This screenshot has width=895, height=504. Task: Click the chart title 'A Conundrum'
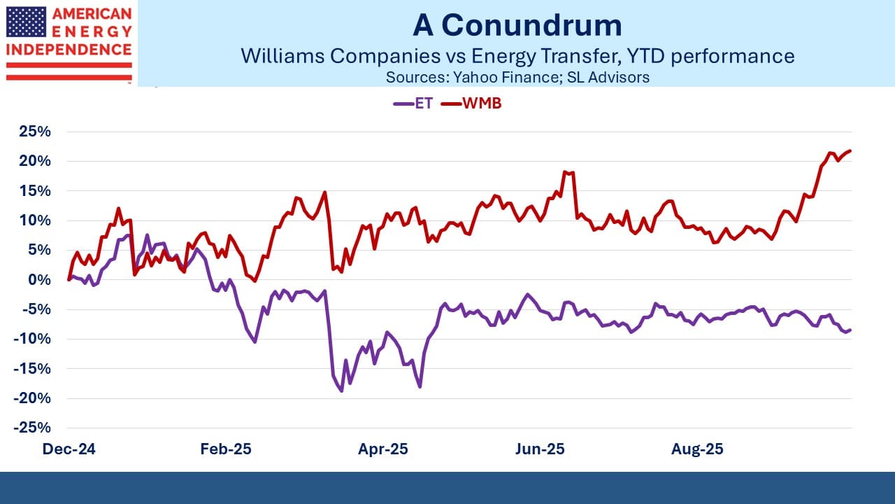pyautogui.click(x=517, y=25)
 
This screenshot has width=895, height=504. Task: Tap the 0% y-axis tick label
pyautogui.click(x=41, y=280)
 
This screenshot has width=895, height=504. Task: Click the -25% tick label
pyautogui.click(x=34, y=428)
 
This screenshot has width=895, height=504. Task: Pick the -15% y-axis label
pyautogui.click(x=34, y=369)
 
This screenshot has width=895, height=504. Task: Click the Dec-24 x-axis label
pyautogui.click(x=69, y=449)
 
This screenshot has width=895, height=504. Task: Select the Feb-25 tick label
pyautogui.click(x=225, y=449)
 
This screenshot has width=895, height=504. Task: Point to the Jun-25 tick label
pyautogui.click(x=539, y=449)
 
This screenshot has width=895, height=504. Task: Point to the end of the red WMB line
pyautogui.click(x=850, y=150)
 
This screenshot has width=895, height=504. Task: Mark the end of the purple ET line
pyautogui.click(x=850, y=330)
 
